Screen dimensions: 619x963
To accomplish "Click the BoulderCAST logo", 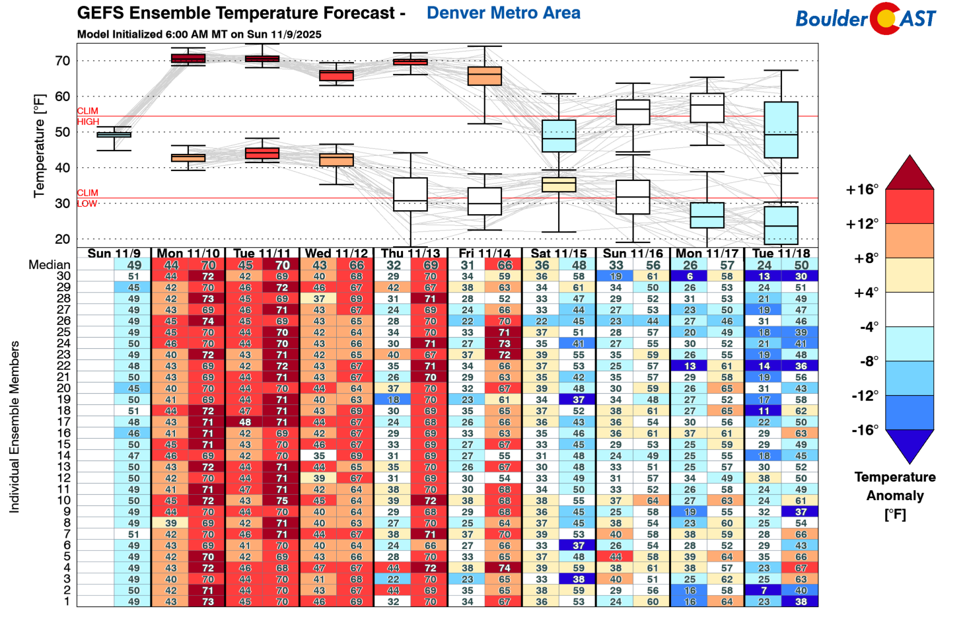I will point(865,18).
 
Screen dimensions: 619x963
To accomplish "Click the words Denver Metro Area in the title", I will point(503,13).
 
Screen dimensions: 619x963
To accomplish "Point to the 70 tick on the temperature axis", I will point(63,61).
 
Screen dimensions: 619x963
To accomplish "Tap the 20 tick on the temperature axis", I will point(63,239).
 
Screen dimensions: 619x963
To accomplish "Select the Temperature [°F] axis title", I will point(40,145).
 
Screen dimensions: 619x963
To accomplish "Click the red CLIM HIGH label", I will point(88,116).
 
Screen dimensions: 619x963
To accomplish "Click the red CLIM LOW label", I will point(87,198).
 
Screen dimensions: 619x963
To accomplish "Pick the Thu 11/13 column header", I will point(410,254).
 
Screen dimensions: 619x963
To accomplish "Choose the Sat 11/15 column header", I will point(558,254).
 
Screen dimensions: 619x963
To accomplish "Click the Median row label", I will point(49,265).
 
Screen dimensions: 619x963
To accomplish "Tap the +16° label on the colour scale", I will point(862,190).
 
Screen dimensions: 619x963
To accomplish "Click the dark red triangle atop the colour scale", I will point(910,174).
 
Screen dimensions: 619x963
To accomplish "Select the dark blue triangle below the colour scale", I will point(910,445).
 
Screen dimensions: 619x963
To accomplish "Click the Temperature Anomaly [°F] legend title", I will point(895,495).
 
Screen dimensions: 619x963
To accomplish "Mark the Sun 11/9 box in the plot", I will point(114,135).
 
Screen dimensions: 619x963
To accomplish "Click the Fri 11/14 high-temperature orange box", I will point(484,76).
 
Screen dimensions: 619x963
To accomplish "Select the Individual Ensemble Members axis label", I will point(15,427).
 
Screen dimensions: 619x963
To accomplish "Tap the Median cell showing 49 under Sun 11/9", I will point(133,265).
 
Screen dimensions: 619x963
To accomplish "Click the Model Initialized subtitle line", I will point(199,34).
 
